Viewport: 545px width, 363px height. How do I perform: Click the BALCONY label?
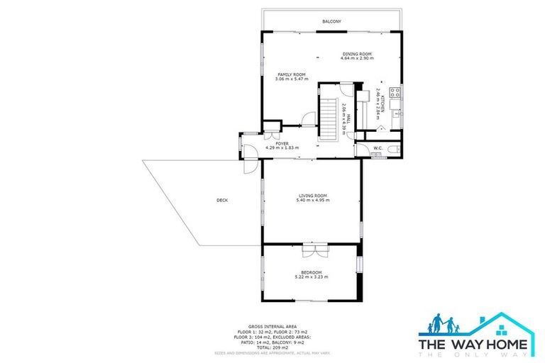tap(331, 22)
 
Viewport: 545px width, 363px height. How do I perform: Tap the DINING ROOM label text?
tap(357, 54)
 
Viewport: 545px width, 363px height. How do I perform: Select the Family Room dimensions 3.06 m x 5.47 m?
tap(291, 79)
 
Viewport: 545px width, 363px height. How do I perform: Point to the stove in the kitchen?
tap(396, 92)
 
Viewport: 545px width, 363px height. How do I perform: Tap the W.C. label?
tap(378, 148)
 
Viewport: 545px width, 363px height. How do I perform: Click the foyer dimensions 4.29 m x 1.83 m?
tap(282, 148)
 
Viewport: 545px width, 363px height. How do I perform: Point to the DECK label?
tap(222, 201)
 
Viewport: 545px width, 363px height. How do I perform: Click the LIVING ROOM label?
tap(312, 196)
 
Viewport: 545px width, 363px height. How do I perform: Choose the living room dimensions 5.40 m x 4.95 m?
tap(312, 201)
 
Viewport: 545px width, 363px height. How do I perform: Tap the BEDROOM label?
tap(312, 273)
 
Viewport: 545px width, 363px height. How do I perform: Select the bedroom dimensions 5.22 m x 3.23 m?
tap(312, 277)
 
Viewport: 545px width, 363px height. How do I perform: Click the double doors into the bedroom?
tap(313, 249)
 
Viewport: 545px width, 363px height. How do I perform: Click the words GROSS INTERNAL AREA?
tap(272, 322)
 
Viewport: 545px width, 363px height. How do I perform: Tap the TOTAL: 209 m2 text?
tap(272, 347)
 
